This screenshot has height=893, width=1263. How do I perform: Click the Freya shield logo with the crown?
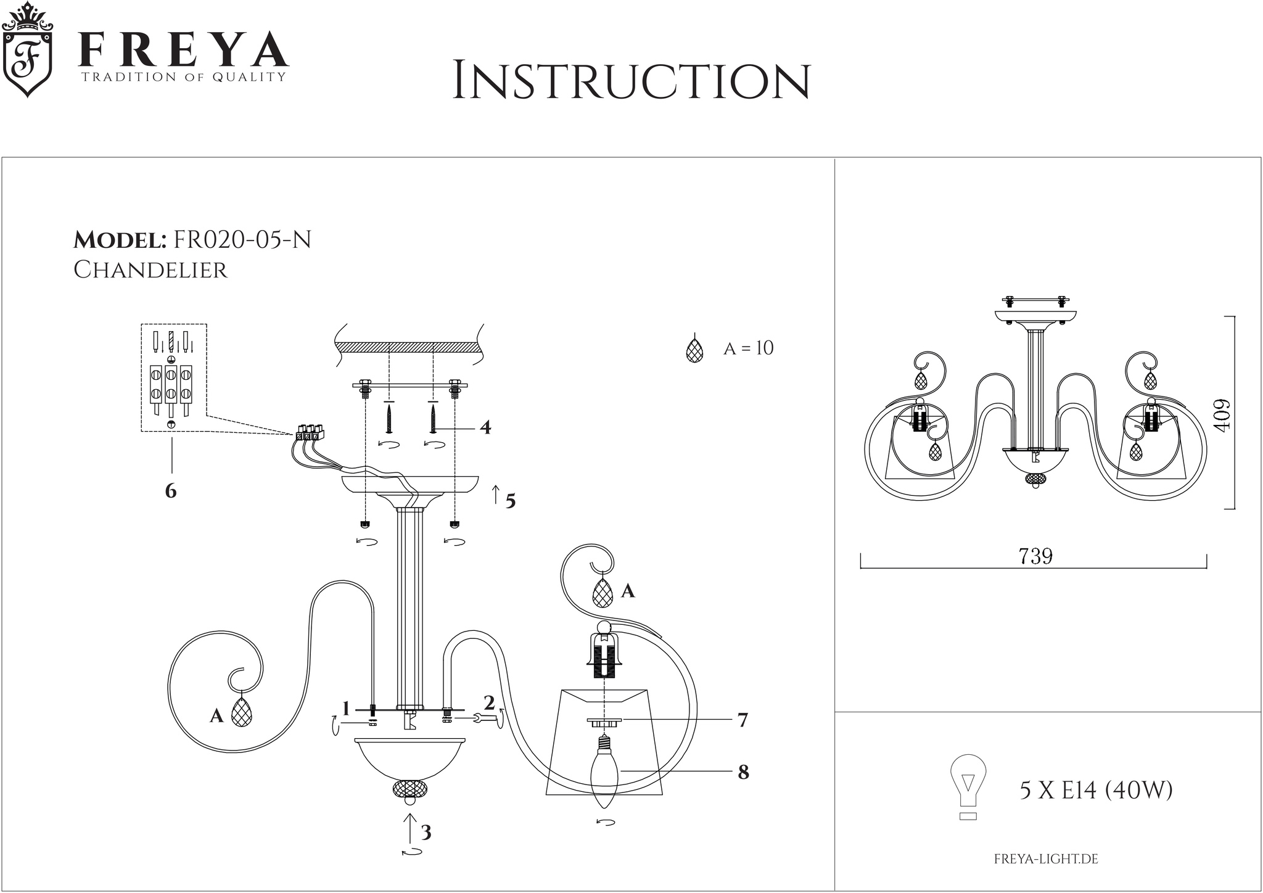coord(28,50)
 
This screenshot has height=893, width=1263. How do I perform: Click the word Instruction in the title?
coord(631,81)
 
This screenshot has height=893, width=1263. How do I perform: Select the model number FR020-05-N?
coord(242,239)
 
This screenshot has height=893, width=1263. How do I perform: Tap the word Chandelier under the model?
coord(150,270)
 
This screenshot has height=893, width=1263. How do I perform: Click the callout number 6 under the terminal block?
coord(171,491)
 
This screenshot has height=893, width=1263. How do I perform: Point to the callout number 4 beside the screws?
coord(485,427)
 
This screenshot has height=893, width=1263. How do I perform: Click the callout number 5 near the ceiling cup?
coord(510,501)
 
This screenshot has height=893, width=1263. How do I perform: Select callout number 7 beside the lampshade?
coord(743,720)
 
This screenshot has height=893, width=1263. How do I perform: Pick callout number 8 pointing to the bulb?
coord(743,772)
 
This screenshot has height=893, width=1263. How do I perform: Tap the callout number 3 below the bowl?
coord(426,833)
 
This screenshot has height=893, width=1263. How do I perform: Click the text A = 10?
coord(748,348)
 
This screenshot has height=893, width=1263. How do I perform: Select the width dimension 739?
coord(1035,556)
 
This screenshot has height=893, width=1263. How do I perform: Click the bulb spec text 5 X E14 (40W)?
coord(1096,790)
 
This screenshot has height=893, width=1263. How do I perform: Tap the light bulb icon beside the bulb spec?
coord(968,787)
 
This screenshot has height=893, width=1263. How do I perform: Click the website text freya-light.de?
coord(1046,859)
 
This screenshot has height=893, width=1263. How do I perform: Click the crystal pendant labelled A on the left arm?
coord(242,714)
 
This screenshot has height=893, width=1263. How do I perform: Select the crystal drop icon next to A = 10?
coord(695,349)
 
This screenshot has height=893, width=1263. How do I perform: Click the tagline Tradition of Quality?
coord(184,77)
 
